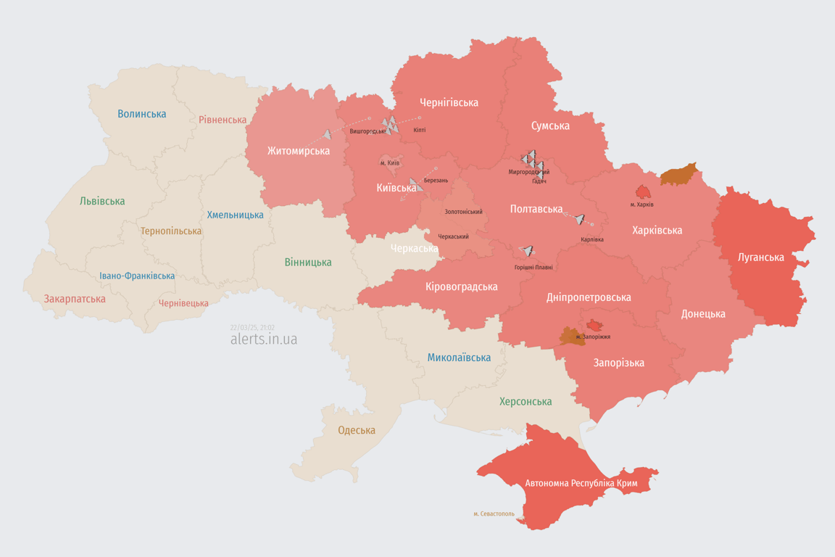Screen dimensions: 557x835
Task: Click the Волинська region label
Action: coord(141,114)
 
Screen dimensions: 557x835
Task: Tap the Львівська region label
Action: coord(102,201)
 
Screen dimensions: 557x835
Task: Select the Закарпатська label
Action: coord(75,299)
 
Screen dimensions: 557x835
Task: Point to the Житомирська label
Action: coord(298,151)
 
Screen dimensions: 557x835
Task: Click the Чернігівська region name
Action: coord(449,102)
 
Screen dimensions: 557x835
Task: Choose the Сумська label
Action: coord(550,125)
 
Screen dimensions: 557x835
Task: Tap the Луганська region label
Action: coord(760,257)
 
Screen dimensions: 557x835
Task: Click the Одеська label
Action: coord(357,430)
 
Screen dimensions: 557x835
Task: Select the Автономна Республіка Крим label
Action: coord(581,482)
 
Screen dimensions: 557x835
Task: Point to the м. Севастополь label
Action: coord(494,513)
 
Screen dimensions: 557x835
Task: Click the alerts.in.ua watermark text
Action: coord(263,339)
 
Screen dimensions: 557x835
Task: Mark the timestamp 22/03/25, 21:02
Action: coord(252,327)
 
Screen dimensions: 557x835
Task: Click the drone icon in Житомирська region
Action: coord(327,134)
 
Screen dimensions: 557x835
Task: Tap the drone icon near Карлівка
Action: coord(579,219)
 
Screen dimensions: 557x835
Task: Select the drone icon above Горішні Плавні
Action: coord(527,252)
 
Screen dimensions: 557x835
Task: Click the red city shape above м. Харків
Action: coord(643,191)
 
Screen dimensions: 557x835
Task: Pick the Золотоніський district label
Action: coord(463,212)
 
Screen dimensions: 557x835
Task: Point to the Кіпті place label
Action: coord(419,130)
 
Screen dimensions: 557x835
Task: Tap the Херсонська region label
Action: coord(525,401)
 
